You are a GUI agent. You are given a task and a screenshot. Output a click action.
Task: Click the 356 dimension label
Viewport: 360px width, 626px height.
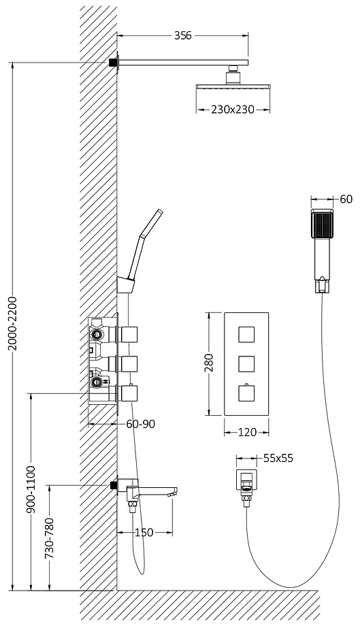point(183,35)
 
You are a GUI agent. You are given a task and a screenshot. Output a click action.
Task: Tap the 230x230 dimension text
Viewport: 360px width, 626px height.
point(233,110)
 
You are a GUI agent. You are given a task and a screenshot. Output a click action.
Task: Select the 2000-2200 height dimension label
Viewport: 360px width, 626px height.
point(13,323)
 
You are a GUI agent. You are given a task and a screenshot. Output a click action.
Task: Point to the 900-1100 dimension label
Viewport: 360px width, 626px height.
point(32,489)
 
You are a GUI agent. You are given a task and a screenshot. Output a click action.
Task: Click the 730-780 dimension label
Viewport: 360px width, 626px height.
point(50,538)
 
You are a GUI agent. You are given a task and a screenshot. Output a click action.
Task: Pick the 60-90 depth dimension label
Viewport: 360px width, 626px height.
point(140,424)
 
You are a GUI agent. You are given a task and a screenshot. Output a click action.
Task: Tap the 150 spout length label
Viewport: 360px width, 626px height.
point(144,532)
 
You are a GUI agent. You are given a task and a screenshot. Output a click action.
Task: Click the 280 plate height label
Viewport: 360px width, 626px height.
point(209,363)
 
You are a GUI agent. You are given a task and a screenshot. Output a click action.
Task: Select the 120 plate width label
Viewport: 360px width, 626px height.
point(247,432)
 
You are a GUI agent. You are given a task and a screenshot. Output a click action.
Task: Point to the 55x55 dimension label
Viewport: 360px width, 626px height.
point(278,458)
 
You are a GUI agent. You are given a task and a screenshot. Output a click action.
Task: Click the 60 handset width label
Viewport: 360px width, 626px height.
point(346,199)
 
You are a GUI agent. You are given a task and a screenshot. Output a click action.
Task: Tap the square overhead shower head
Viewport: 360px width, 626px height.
point(233,86)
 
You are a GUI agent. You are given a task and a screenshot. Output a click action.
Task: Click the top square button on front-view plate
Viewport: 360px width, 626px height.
point(246,334)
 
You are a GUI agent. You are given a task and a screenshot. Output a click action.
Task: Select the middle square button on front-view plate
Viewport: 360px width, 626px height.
point(246,363)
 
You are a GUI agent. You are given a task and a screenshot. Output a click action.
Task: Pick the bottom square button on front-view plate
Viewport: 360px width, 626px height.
point(246,393)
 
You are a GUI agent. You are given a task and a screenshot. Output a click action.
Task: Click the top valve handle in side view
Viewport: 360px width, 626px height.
point(129,334)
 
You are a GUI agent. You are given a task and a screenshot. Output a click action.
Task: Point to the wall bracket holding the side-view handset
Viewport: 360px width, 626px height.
point(126,284)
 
